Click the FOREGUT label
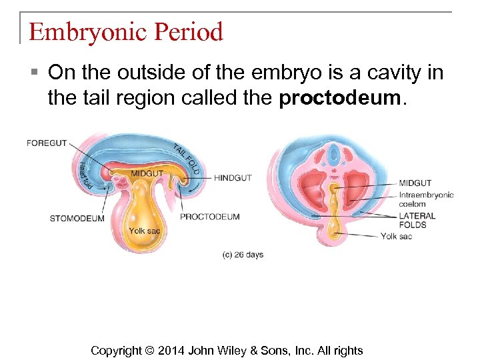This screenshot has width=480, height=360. pyautogui.click(x=47, y=143)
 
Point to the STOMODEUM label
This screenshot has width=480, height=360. pyautogui.click(x=77, y=218)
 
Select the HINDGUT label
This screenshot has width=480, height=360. pyautogui.click(x=233, y=178)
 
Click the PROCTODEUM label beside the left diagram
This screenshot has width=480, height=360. pyautogui.click(x=210, y=216)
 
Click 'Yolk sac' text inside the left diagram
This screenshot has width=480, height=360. pyautogui.click(x=144, y=231)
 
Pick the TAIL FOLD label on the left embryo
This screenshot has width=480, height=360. pyautogui.click(x=187, y=159)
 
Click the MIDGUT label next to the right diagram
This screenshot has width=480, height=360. pyautogui.click(x=415, y=183)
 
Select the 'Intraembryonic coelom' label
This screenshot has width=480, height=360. pyautogui.click(x=425, y=199)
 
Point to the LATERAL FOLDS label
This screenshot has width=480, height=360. pyautogui.click(x=417, y=220)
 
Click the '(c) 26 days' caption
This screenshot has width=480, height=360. pyautogui.click(x=243, y=255)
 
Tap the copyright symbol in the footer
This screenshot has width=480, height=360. pyautogui.click(x=149, y=350)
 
